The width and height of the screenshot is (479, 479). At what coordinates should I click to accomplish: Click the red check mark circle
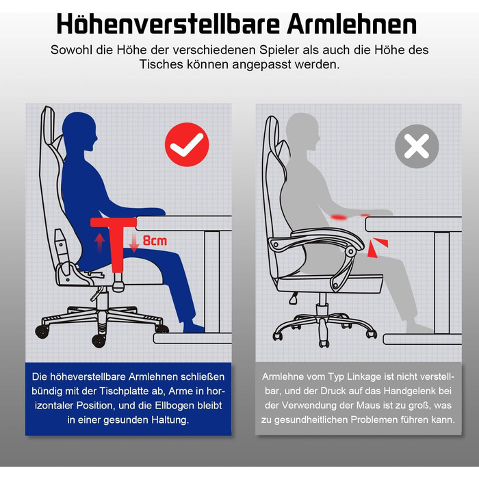tap(187, 144)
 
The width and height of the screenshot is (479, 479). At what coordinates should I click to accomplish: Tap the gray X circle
tap(417, 146)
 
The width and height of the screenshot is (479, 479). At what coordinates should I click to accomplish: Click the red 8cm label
tap(155, 241)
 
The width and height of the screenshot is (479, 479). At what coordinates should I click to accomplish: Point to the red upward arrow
tap(100, 242)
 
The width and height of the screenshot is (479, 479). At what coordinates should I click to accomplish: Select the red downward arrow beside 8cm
tap(134, 243)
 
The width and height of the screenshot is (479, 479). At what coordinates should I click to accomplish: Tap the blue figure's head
tap(79, 131)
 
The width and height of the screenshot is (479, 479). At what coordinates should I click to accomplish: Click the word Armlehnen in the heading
tap(352, 25)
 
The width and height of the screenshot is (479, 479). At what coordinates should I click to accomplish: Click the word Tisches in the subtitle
tap(161, 64)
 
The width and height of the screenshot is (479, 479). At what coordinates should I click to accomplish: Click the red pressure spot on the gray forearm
tap(339, 217)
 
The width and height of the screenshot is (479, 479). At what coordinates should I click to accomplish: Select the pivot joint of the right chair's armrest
tap(350, 251)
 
